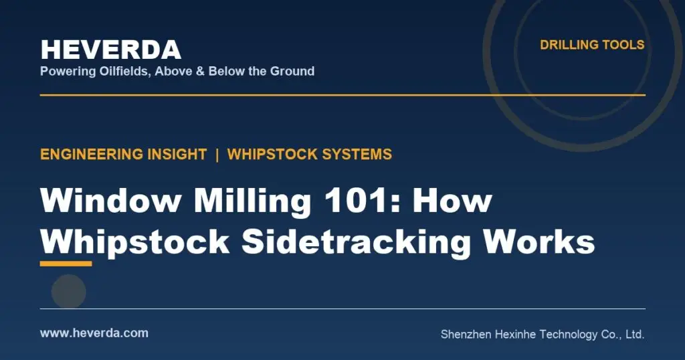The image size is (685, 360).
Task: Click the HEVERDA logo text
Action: click(111, 50)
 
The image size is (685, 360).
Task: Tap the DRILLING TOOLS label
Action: click(592, 45)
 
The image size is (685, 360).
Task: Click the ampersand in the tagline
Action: click(200, 71)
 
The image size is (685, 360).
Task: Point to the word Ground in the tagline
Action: click(292, 71)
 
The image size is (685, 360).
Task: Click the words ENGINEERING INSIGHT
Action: click(123, 154)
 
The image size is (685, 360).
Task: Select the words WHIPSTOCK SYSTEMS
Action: click(310, 154)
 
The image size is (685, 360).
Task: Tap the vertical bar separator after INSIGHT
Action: click(217, 154)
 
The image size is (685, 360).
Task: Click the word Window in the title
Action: click(110, 201)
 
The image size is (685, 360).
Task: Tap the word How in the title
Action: click(453, 201)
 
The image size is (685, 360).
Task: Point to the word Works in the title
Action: click(539, 242)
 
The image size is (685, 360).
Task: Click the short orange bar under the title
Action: click(66, 264)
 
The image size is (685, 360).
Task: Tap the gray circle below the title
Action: click(69, 291)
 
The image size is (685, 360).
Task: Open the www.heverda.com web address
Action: click(94, 333)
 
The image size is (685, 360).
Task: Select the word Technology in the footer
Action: click(569, 335)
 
